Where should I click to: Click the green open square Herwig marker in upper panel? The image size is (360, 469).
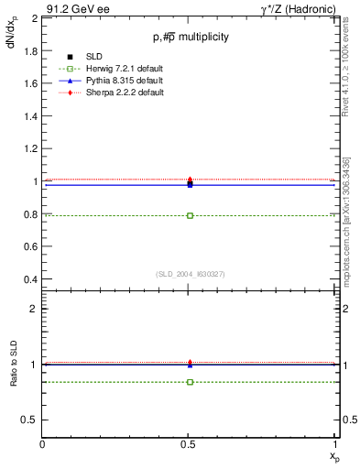pyautogui.click(x=190, y=215)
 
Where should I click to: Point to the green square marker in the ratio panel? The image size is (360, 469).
pyautogui.click(x=190, y=381)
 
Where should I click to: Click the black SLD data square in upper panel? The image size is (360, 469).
pyautogui.click(x=190, y=184)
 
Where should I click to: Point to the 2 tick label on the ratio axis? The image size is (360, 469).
pyautogui.click(x=34, y=310)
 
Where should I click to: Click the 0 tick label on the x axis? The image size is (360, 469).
pyautogui.click(x=43, y=444)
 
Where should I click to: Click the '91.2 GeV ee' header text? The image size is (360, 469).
pyautogui.click(x=76, y=8)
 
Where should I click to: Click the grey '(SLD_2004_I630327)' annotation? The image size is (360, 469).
pyautogui.click(x=190, y=274)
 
